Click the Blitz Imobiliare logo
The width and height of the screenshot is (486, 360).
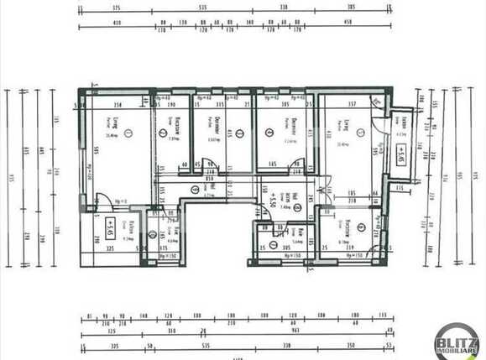coord(457,341)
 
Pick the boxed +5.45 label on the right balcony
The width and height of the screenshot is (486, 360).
coord(402,154)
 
